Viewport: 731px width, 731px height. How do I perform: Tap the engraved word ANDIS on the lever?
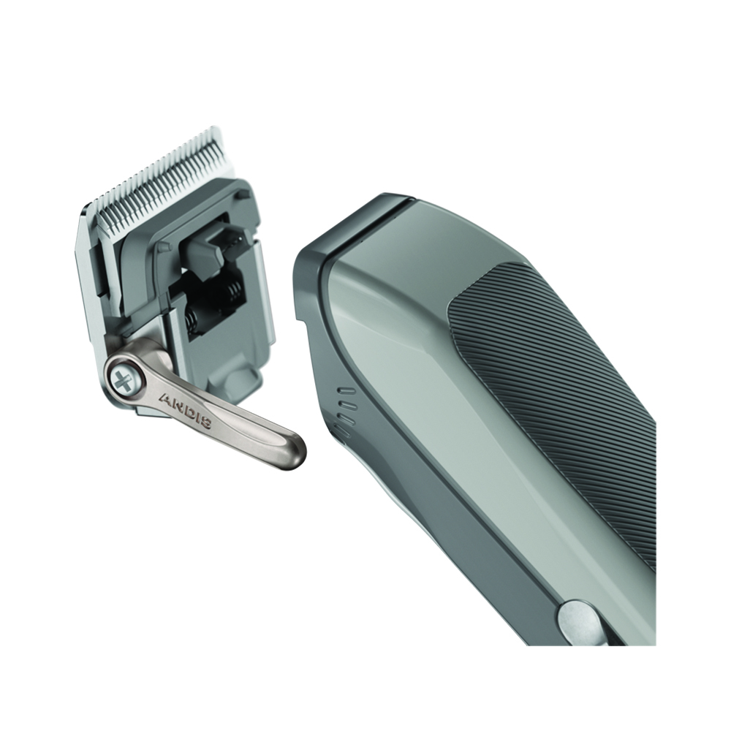coord(186,410)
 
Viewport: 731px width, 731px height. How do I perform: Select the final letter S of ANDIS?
coord(205,423)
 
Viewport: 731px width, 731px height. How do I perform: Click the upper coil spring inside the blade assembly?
coord(234,292)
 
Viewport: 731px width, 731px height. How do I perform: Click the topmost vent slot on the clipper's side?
coord(346,390)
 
